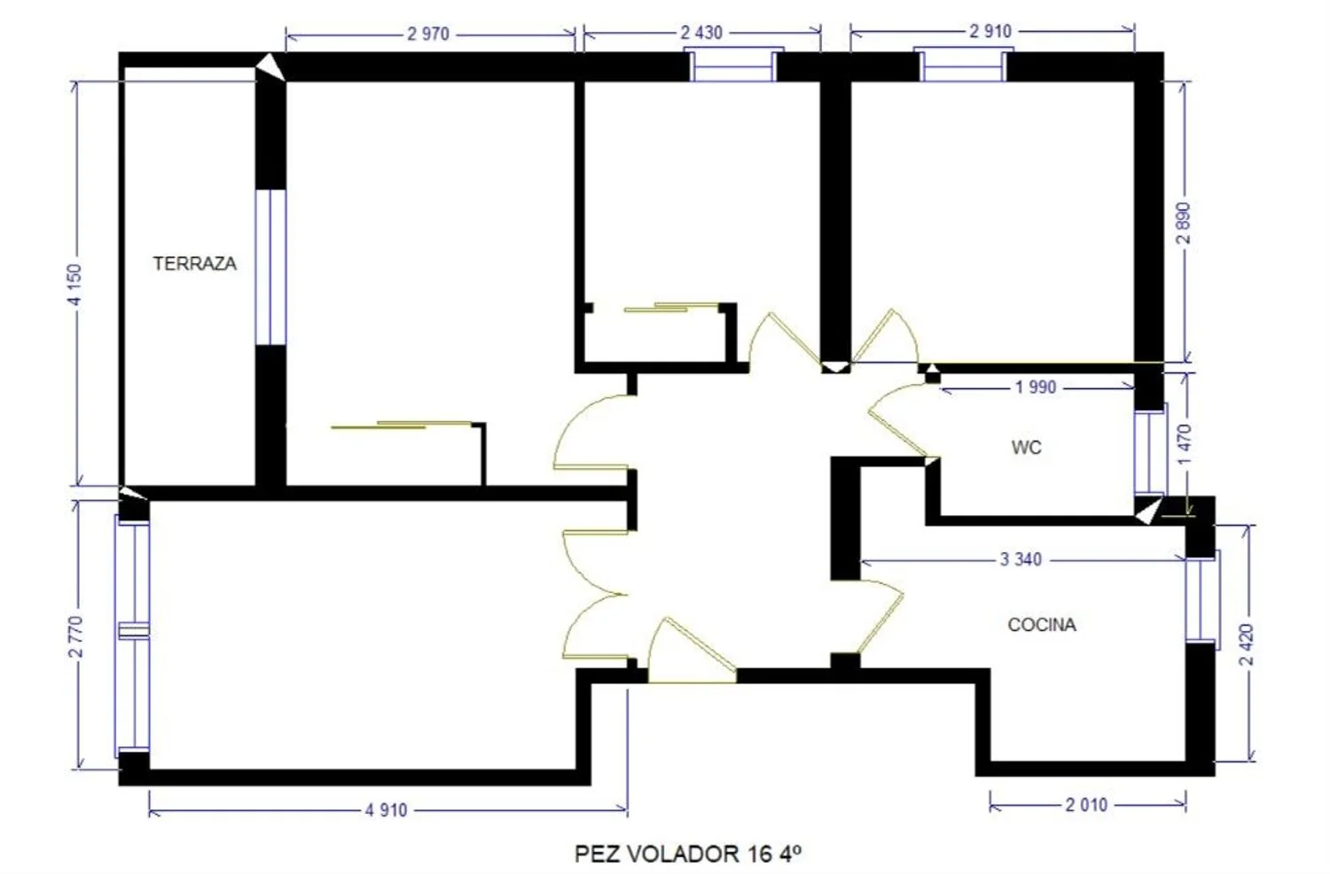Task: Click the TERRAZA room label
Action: pos(195,263)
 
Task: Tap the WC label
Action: pos(1026,447)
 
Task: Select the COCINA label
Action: pos(1042,625)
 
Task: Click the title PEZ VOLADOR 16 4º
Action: pos(688,854)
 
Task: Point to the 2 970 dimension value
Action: pos(428,34)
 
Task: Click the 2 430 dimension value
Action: pos(701,32)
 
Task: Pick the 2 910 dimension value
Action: pos(990,31)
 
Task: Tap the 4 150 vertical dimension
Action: pos(74,285)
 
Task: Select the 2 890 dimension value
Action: pos(1183,223)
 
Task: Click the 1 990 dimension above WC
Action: pos(1036,387)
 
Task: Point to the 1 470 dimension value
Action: pos(1184,445)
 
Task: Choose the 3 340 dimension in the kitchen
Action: pos(1021,559)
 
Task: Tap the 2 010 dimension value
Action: pos(1086,805)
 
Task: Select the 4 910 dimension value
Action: pos(386,810)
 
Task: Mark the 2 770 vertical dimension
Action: pos(76,637)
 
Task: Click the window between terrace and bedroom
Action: pos(270,267)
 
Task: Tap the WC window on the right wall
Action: pos(1150,452)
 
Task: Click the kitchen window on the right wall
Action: pos(1202,600)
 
